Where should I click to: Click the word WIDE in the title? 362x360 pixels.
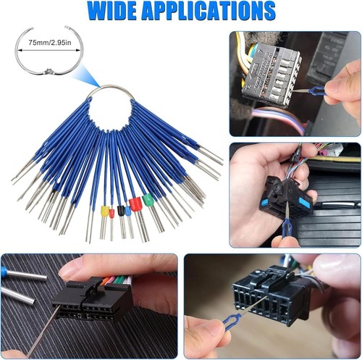pos(111,11)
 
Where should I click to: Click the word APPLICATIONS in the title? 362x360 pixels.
pos(209,11)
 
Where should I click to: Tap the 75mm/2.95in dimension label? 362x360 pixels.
pos(50,43)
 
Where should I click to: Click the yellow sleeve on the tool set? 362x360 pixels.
pos(105,212)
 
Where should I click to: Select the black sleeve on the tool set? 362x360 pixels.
pos(120,211)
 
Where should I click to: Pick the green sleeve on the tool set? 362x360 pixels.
pos(148,200)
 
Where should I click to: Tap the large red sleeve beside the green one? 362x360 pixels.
pos(135,204)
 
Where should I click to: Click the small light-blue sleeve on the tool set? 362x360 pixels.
pos(127,212)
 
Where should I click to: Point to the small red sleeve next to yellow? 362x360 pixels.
pos(111,214)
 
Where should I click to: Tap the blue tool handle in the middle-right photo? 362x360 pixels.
pos(286,227)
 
